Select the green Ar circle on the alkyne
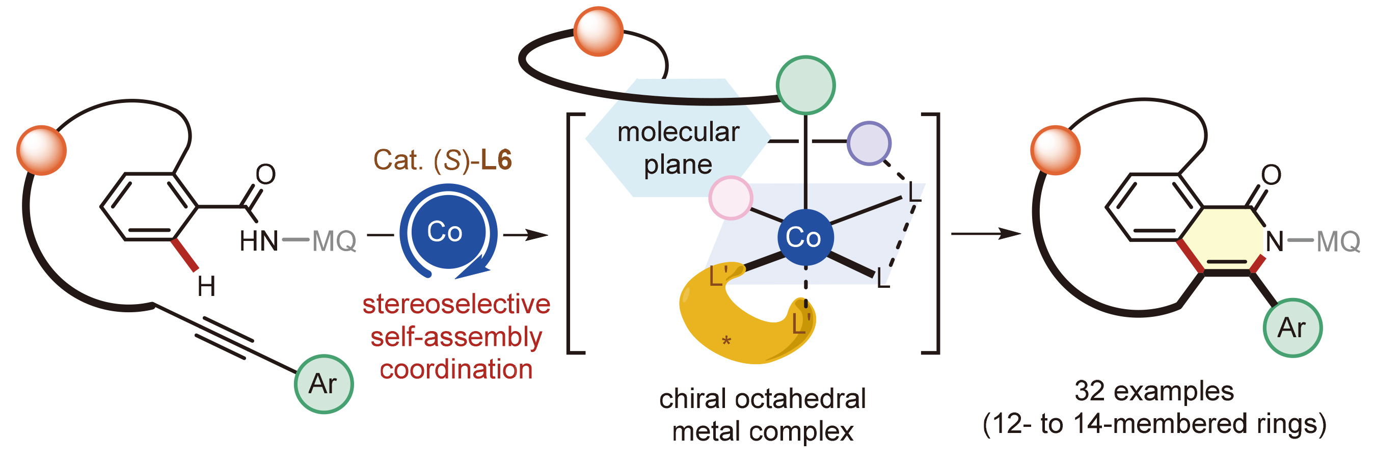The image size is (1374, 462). pyautogui.click(x=324, y=384)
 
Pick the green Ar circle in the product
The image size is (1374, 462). pyautogui.click(x=1292, y=328)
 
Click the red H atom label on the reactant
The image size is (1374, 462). pyautogui.click(x=206, y=287)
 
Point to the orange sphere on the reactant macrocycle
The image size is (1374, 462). pyautogui.click(x=42, y=150)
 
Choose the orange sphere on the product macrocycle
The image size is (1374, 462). pyautogui.click(x=1056, y=150)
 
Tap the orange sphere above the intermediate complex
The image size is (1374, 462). pyautogui.click(x=599, y=32)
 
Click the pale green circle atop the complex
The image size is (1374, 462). pyautogui.click(x=805, y=86)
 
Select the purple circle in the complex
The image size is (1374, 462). pyautogui.click(x=869, y=144)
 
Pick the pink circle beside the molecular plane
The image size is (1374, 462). pyautogui.click(x=731, y=198)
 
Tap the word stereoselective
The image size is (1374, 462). pyautogui.click(x=456, y=305)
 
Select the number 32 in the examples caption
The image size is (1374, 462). pyautogui.click(x=1089, y=391)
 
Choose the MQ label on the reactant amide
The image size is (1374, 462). pyautogui.click(x=334, y=241)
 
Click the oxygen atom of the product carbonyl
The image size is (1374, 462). pyautogui.click(x=1271, y=174)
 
